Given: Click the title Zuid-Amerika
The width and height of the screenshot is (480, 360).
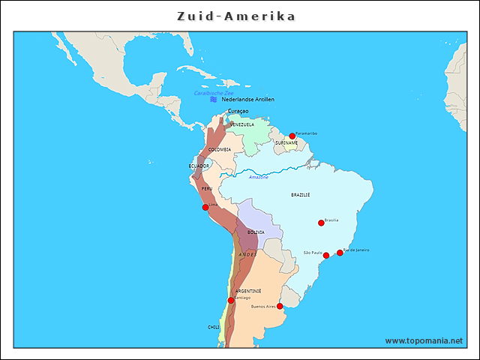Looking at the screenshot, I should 236,16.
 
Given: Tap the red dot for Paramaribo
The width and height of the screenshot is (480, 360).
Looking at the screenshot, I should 292,136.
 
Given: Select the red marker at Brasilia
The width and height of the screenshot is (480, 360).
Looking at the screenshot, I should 321,222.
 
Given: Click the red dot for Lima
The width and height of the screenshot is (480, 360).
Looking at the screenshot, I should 205,207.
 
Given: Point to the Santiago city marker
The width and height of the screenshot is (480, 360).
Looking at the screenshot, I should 231,300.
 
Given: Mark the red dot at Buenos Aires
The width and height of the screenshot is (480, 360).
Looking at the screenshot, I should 280,306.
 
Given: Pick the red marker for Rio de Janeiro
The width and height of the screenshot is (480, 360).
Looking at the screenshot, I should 340,253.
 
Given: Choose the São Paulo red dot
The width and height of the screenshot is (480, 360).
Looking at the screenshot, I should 326,256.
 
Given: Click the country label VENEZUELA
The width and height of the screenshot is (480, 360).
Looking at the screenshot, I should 242,124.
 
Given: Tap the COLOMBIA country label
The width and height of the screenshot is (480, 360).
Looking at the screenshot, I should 220,149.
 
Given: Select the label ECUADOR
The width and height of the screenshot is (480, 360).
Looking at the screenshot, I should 199,166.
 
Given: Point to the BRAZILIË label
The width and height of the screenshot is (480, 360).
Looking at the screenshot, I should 301,194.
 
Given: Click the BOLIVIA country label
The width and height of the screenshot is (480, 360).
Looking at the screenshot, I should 256,232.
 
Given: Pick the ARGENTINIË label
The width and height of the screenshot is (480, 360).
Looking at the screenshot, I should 248,290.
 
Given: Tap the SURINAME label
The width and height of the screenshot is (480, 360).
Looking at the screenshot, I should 286,142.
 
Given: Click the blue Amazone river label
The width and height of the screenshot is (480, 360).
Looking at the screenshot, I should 259,177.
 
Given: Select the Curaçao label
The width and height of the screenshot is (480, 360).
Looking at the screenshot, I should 238,111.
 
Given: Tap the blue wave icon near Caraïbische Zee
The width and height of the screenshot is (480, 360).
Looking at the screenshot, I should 214,99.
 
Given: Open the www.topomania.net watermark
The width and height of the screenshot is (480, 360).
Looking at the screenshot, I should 424,340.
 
